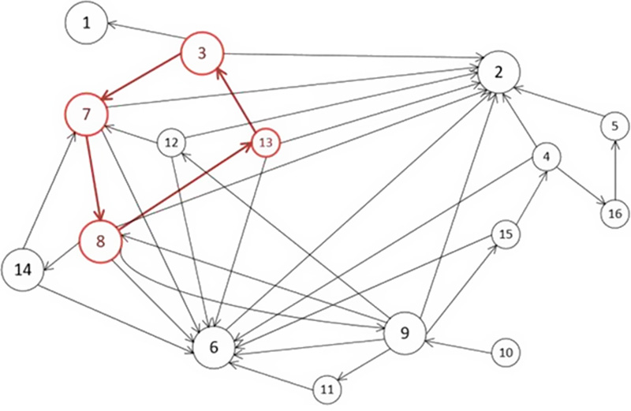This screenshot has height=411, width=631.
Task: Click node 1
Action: point(87,22)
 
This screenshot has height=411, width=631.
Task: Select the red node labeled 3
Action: point(203,54)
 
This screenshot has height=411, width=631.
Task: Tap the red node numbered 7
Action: point(87,114)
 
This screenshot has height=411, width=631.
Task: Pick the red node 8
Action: point(100,241)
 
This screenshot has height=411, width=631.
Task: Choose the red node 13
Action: point(265,142)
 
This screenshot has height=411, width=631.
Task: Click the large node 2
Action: point(498,73)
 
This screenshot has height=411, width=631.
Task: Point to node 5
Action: point(614,125)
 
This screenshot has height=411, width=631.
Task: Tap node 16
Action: point(614,212)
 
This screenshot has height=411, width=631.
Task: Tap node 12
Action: point(170,143)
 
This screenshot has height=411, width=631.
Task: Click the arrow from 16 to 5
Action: point(614,170)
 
